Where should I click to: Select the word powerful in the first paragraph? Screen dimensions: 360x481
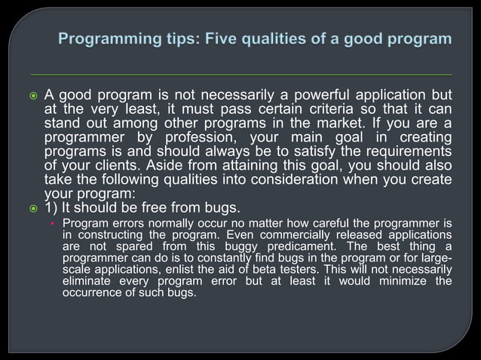tap(311, 96)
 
